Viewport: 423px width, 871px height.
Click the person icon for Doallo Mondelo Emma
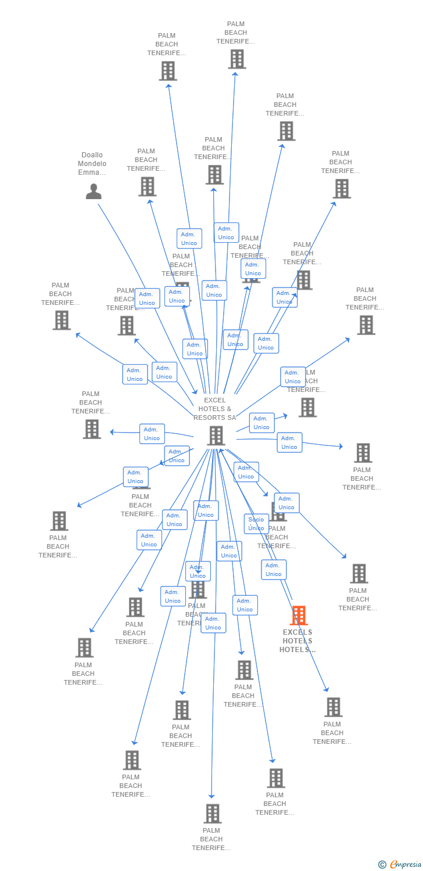(x=94, y=191)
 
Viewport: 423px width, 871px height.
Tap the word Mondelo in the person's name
(x=92, y=164)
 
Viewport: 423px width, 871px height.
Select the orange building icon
(x=299, y=615)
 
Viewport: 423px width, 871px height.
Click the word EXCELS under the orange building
(x=297, y=632)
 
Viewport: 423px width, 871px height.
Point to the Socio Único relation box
(x=256, y=524)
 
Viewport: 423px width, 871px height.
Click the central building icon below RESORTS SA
(x=216, y=435)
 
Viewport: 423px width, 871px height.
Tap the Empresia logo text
(x=406, y=865)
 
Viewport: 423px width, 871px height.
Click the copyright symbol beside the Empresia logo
(x=382, y=865)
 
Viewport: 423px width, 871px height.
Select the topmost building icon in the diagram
(x=236, y=59)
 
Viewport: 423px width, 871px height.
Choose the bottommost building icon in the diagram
(x=213, y=814)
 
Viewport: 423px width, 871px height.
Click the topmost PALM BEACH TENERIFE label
(x=236, y=33)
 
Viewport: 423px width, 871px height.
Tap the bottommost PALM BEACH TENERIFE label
(x=212, y=839)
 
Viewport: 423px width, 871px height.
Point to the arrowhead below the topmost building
(x=235, y=73)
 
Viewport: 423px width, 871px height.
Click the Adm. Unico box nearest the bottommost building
(x=213, y=623)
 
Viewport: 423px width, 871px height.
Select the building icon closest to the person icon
(x=147, y=186)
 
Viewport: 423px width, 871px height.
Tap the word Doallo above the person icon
(x=92, y=155)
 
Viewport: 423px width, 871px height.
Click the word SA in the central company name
(x=231, y=417)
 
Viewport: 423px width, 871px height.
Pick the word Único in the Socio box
(x=256, y=528)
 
